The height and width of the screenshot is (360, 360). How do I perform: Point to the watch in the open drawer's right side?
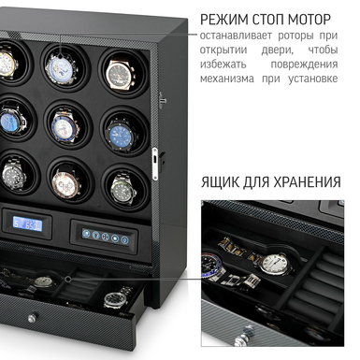(113, 299)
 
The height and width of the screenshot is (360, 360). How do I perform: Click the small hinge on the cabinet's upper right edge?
(162, 95)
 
